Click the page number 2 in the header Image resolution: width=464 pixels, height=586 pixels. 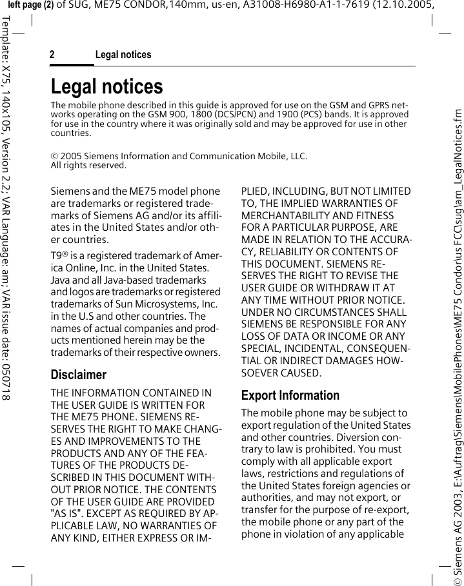[x=52, y=55]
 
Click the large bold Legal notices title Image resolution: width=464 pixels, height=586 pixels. [x=107, y=86]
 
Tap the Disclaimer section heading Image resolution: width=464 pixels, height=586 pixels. [x=78, y=375]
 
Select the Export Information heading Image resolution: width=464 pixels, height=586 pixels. [x=290, y=395]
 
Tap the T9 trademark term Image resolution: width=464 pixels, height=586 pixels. [x=57, y=256]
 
